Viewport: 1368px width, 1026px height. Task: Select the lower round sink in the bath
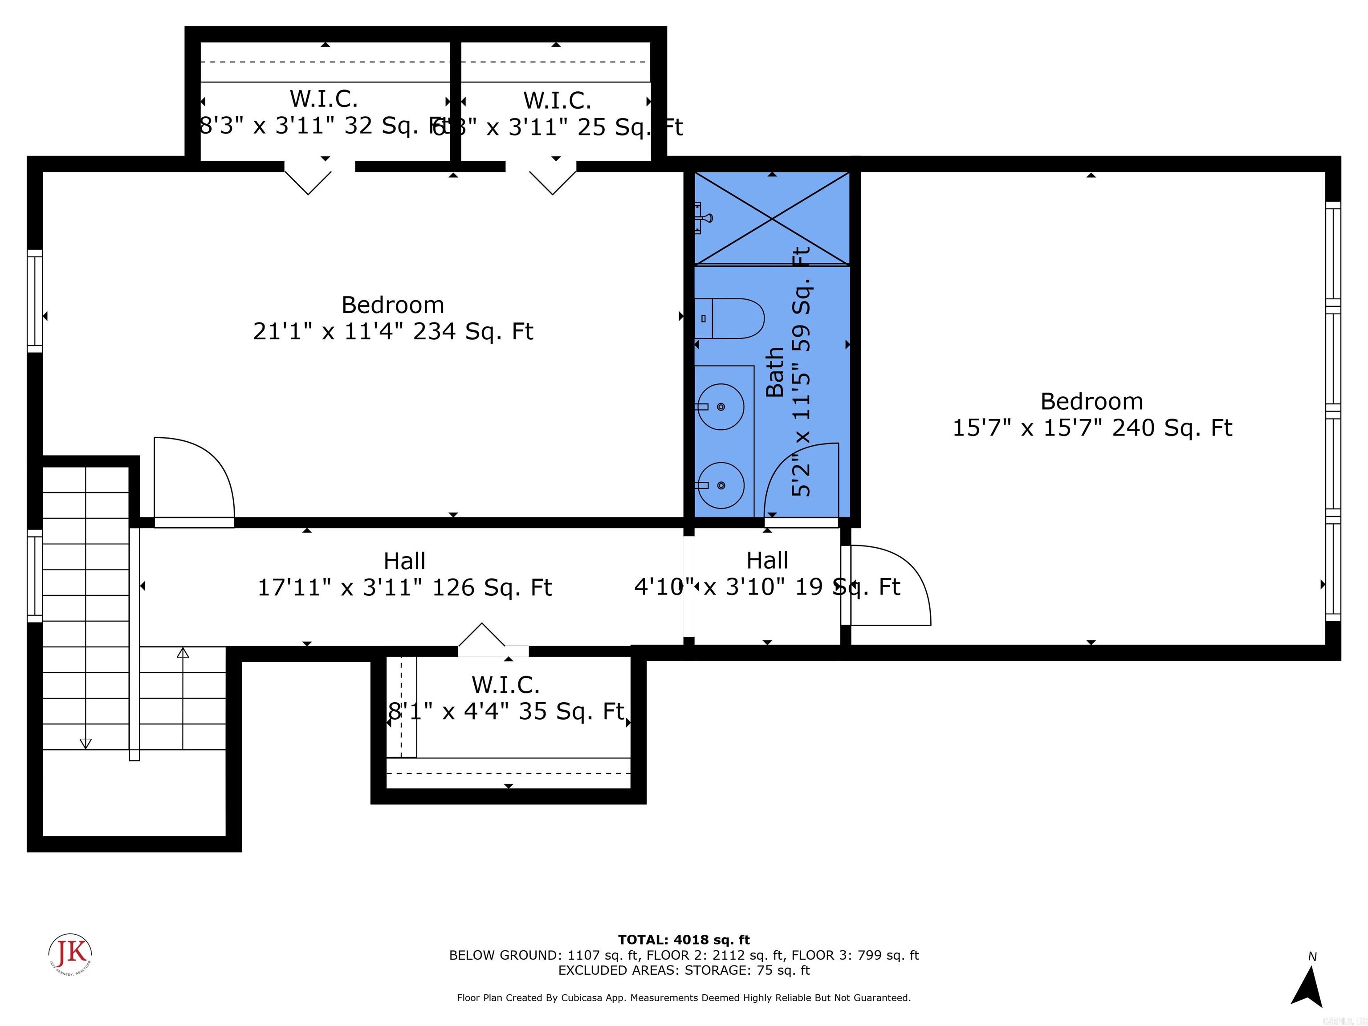click(x=720, y=485)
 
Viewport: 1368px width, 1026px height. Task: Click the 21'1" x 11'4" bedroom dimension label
click(x=393, y=331)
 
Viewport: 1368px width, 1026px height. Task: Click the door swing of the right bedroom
click(x=891, y=584)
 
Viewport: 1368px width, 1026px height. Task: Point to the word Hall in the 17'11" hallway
click(x=404, y=561)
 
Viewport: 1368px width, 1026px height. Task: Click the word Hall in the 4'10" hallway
click(x=767, y=560)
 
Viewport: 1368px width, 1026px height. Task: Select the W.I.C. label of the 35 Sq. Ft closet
click(x=505, y=684)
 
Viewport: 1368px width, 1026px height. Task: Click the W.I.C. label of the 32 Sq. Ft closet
click(x=323, y=98)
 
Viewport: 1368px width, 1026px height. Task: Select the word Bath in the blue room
click(x=775, y=372)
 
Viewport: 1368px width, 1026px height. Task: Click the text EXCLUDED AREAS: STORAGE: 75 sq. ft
click(x=684, y=970)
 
